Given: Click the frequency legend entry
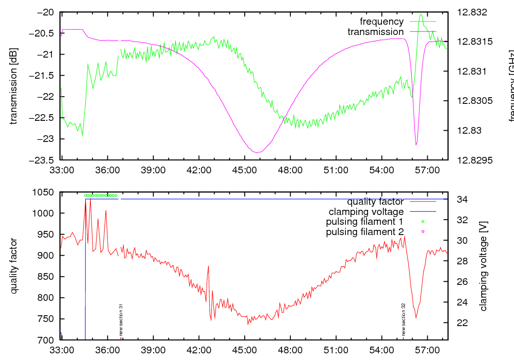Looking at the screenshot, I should (381, 22).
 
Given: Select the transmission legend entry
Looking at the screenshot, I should (375, 32).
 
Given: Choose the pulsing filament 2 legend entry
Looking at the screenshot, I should (364, 232).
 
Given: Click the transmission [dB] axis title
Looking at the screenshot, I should (14, 86).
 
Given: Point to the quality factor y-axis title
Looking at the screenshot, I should (14, 266).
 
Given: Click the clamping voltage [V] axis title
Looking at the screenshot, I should (483, 266).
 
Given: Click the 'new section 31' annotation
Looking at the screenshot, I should (121, 320).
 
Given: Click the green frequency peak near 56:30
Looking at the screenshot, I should (421, 15).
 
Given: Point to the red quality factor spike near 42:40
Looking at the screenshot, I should (208, 266).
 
